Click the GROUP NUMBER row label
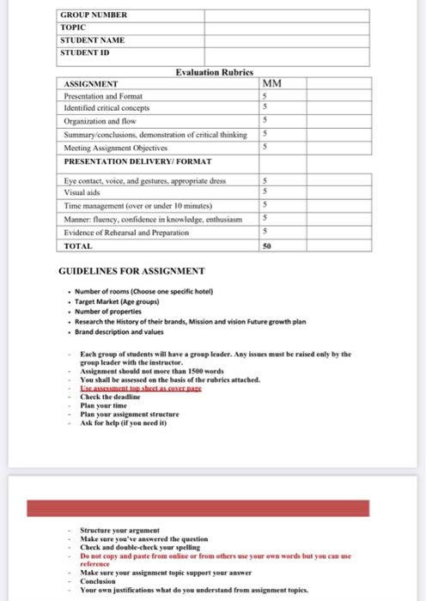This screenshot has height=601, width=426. tap(93, 15)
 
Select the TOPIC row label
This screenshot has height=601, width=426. tap(73, 27)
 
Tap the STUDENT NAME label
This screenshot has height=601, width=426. tap(92, 40)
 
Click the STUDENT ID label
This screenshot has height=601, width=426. tap(85, 52)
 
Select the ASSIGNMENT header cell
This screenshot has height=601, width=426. tap(91, 84)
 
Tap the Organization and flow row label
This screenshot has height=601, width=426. tap(100, 121)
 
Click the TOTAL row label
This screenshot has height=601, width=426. tap(79, 246)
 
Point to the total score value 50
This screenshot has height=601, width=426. tap(266, 246)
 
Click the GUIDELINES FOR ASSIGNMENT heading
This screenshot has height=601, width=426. tap(131, 272)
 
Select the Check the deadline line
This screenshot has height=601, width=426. tap(111, 396)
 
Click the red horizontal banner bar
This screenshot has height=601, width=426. tap(212, 508)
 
